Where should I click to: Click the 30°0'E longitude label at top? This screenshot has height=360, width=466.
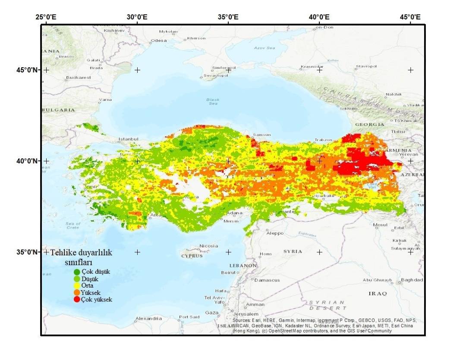[x=137, y=17]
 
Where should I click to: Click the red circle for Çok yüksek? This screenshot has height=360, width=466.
[x=77, y=299]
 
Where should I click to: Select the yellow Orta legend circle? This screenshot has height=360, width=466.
[x=77, y=285]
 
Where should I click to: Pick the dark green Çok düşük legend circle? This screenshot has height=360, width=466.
[x=77, y=272]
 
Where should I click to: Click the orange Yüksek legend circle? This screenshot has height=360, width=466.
[x=77, y=292]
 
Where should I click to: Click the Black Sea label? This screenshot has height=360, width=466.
[x=213, y=101]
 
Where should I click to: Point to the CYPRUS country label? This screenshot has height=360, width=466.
[x=192, y=256]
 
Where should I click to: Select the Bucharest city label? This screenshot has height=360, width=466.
[x=79, y=78]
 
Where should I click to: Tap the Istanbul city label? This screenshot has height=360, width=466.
[x=128, y=139]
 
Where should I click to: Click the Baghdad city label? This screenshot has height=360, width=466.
[x=412, y=280]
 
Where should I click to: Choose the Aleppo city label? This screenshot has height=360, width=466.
[x=275, y=233]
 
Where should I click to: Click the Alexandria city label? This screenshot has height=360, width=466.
[x=148, y=319]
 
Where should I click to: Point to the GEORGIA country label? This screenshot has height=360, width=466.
[x=369, y=125]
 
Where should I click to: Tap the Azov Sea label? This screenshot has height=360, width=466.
[x=264, y=48]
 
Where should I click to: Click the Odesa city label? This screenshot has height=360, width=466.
[x=158, y=41]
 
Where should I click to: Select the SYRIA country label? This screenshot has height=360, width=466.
[x=293, y=251]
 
